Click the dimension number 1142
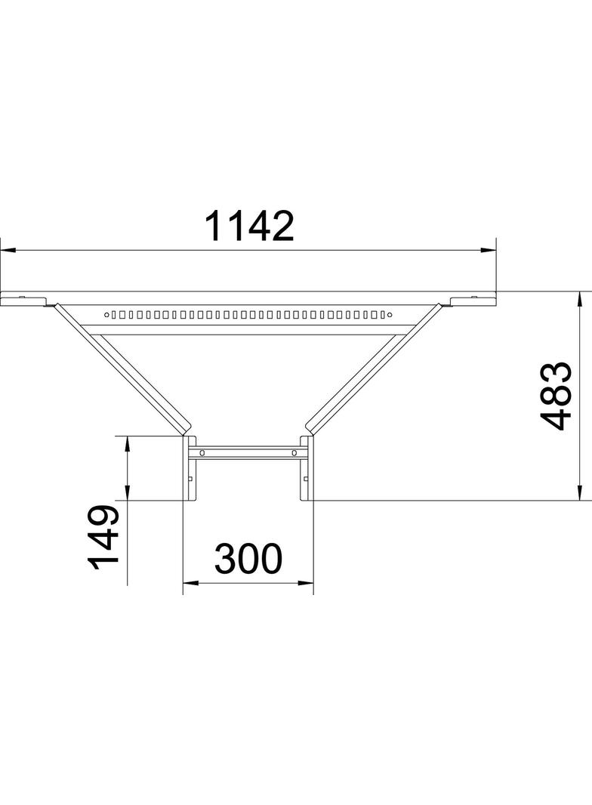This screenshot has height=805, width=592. (248, 226)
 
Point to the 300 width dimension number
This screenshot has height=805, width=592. (248, 560)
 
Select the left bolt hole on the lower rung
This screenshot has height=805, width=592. (202, 454)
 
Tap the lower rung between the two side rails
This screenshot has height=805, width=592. (248, 454)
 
